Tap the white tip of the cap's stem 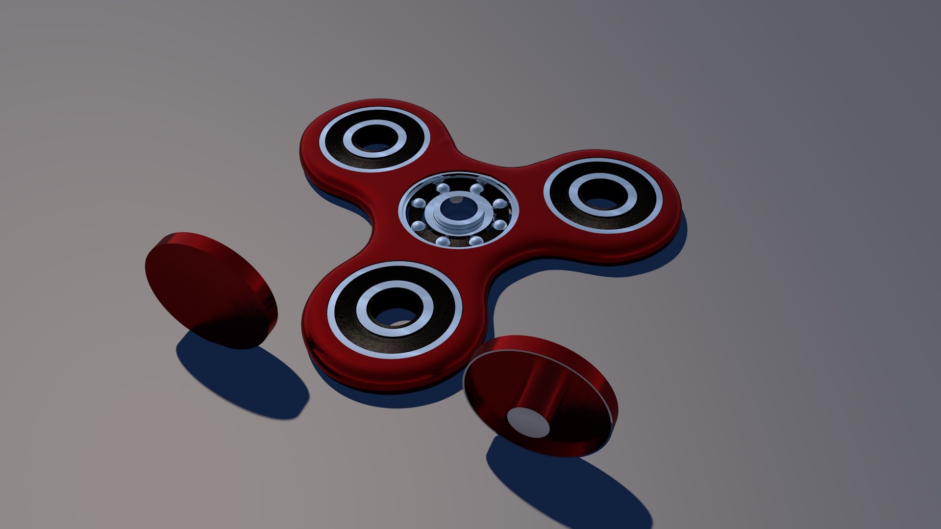(528, 422)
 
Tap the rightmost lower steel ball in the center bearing (499, 225)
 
